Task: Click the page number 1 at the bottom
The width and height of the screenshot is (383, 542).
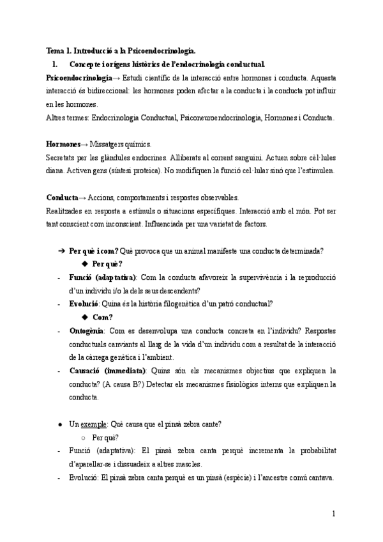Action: pos(334,513)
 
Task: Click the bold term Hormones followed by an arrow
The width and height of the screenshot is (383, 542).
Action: pos(63,144)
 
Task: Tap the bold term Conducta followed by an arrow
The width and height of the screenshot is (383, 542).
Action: pos(63,197)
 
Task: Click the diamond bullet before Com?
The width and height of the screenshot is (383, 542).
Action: pos(85,317)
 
